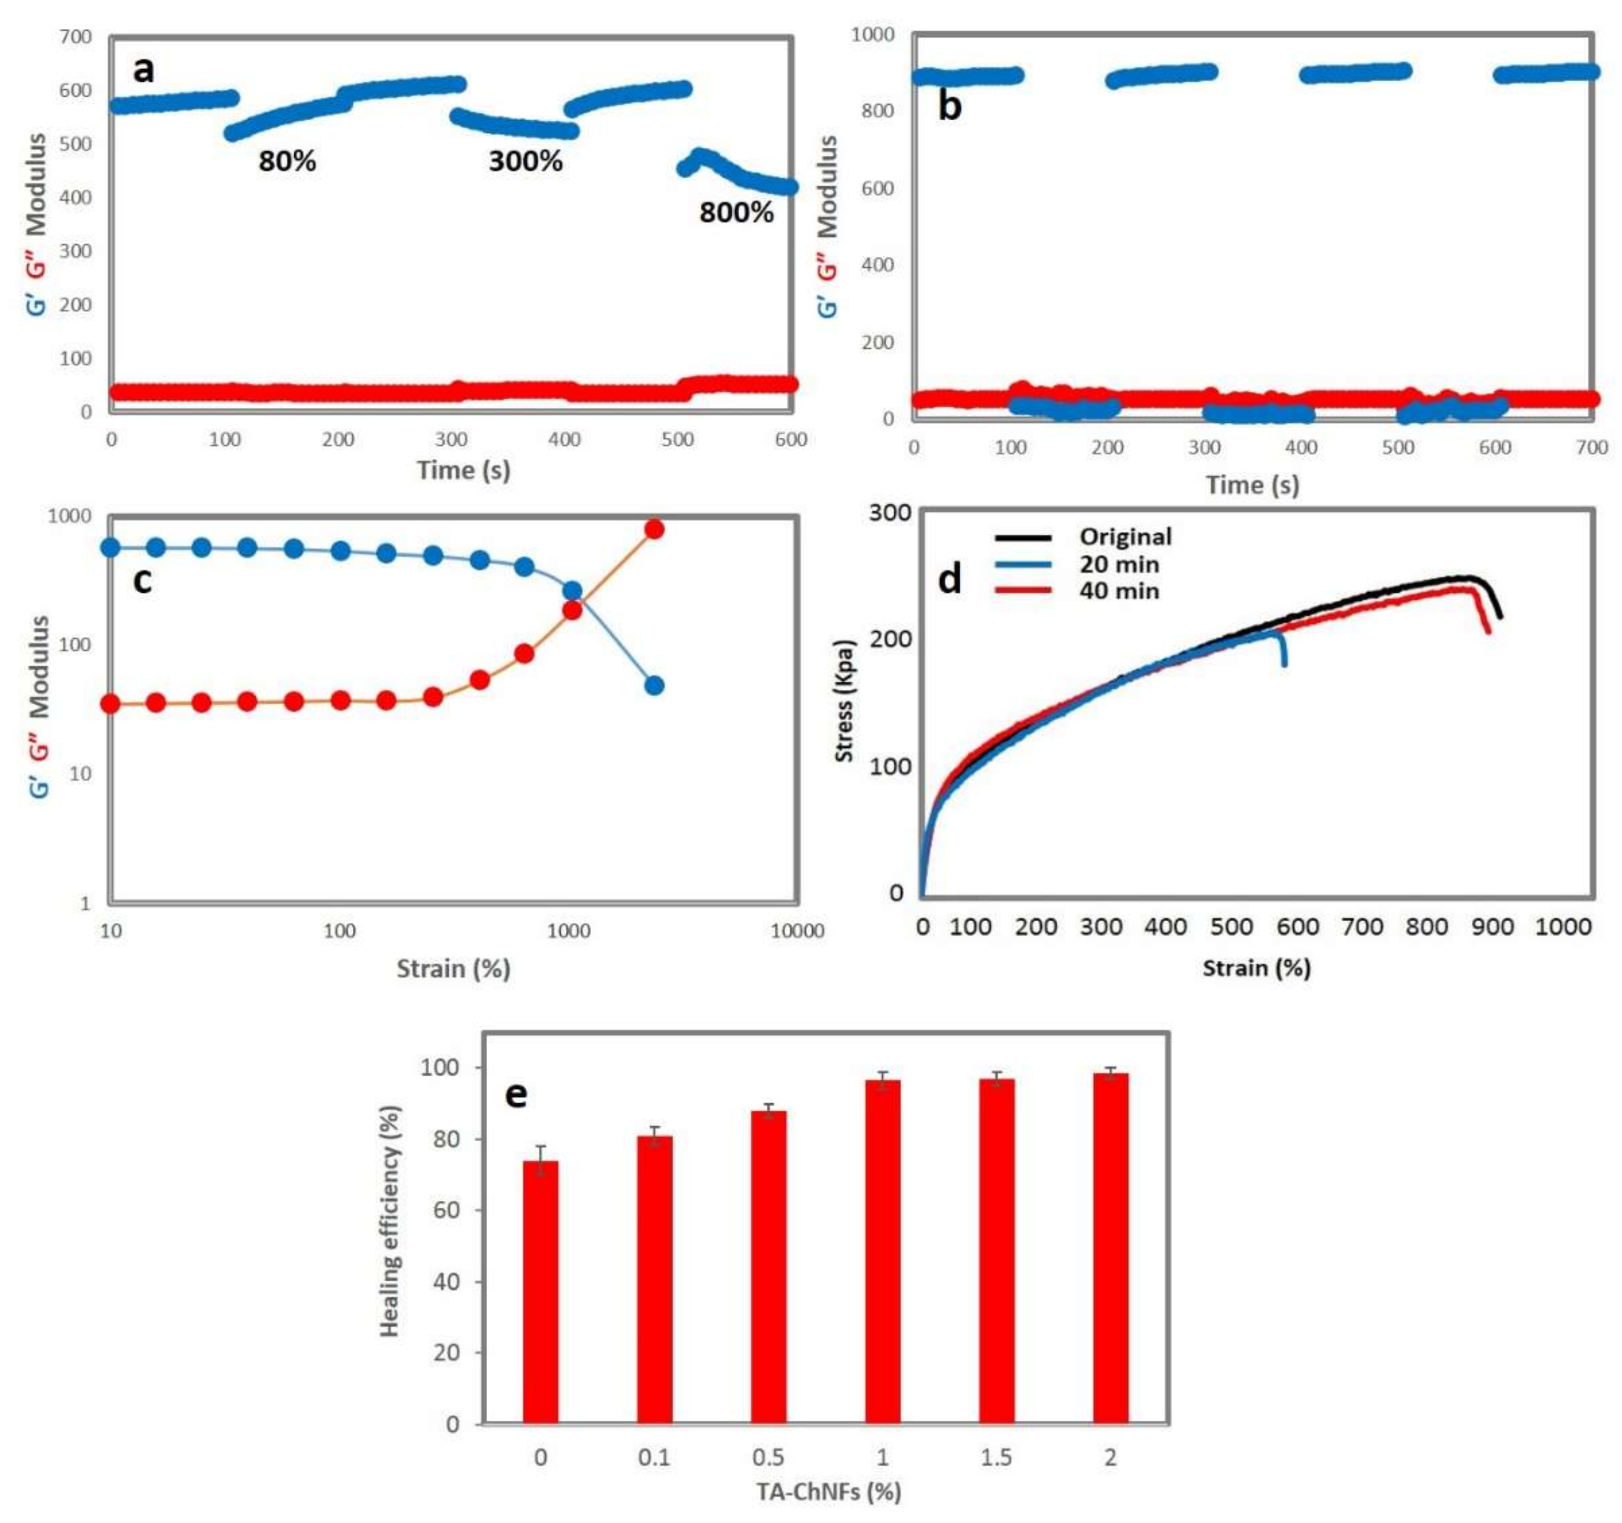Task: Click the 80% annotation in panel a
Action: coord(287,161)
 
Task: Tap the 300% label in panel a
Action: coord(525,161)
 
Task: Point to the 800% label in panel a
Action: coord(736,213)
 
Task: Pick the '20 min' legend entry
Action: coord(1118,564)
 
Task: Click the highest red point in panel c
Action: coord(653,529)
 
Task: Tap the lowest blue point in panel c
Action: coord(653,686)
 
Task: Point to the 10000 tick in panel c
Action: coord(797,930)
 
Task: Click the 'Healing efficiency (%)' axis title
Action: coord(390,1221)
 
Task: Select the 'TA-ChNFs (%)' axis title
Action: coord(828,1491)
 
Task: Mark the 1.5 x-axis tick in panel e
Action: coord(996,1457)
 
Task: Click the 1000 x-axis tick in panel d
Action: coord(1562,927)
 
